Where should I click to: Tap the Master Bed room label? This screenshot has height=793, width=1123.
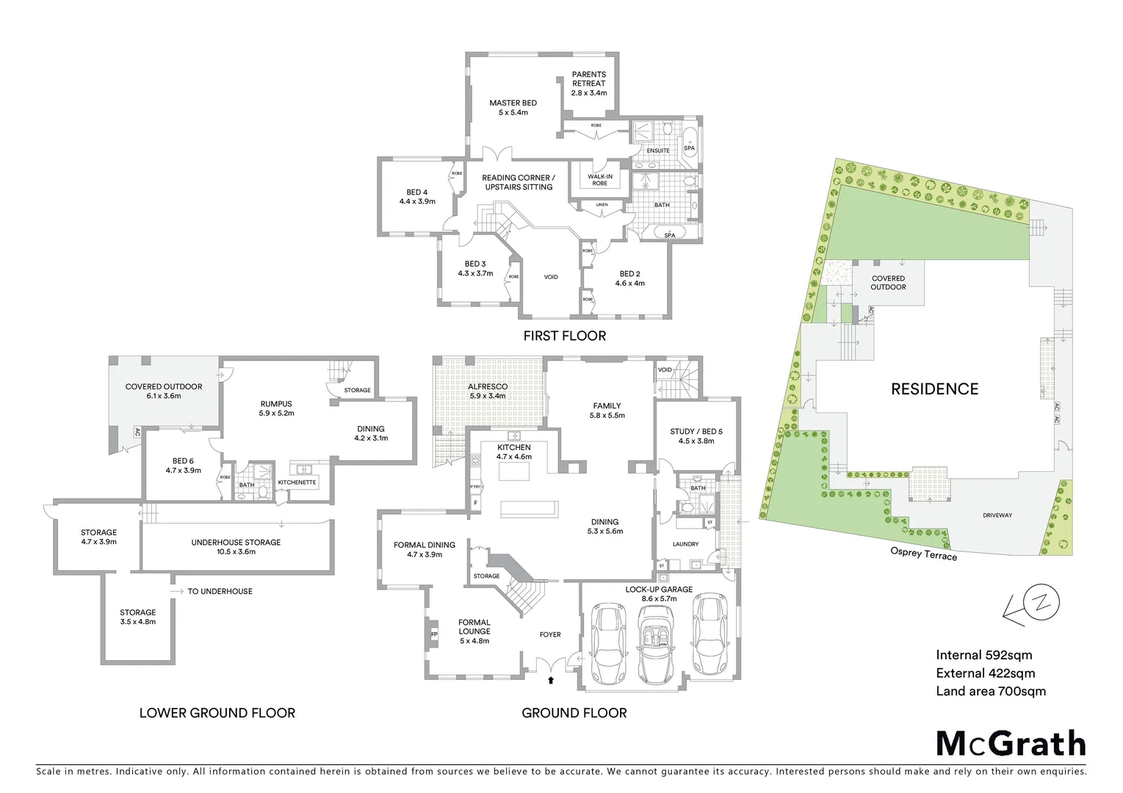pyautogui.click(x=513, y=108)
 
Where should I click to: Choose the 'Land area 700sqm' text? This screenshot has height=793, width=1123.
pyautogui.click(x=991, y=691)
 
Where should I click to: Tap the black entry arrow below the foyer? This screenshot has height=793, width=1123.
pyautogui.click(x=551, y=680)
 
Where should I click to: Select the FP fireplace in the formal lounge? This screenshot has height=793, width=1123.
pyautogui.click(x=433, y=633)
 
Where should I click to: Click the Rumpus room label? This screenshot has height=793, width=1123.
pyautogui.click(x=276, y=408)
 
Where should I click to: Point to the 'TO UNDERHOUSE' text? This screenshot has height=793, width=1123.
pyautogui.click(x=219, y=591)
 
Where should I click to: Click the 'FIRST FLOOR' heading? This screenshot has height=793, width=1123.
pyautogui.click(x=564, y=336)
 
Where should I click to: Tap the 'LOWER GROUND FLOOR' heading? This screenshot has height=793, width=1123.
pyautogui.click(x=217, y=713)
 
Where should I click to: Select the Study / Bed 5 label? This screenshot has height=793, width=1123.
pyautogui.click(x=696, y=436)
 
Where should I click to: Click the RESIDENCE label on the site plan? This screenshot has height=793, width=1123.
pyautogui.click(x=934, y=389)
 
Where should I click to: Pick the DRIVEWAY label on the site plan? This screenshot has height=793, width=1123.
pyautogui.click(x=997, y=515)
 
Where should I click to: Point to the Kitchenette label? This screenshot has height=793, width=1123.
pyautogui.click(x=297, y=482)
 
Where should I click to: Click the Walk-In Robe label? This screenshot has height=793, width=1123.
pyautogui.click(x=599, y=179)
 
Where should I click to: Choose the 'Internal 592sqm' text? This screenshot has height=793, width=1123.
pyautogui.click(x=984, y=655)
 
